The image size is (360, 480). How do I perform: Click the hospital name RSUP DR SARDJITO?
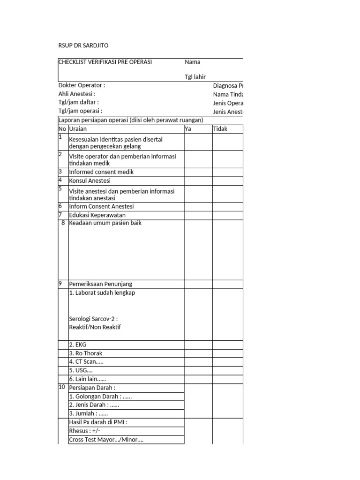[83, 45]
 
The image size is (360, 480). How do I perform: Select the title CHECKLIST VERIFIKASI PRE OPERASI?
[105, 62]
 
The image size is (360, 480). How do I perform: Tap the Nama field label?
[192, 62]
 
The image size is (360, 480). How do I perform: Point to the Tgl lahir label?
[195, 77]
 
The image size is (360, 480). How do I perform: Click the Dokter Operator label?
[82, 85]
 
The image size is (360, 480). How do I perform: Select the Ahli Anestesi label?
[77, 94]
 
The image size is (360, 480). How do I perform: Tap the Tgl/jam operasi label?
[80, 112]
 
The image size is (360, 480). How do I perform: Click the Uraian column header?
[78, 129]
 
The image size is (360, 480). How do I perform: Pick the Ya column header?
[188, 129]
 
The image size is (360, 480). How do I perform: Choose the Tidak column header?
[220, 129]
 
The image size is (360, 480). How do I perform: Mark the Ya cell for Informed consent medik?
[198, 172]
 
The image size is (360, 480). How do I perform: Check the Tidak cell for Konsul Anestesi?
[227, 180]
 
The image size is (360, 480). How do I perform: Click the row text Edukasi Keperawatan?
[97, 215]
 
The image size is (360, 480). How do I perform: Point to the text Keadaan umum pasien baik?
[105, 223]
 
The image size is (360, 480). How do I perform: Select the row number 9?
[60, 284]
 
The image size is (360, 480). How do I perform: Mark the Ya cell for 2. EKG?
[198, 345]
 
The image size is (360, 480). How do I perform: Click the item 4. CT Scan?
[86, 361]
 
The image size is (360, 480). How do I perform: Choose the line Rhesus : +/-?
[85, 431]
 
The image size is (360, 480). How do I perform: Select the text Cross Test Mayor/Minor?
[106, 440]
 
